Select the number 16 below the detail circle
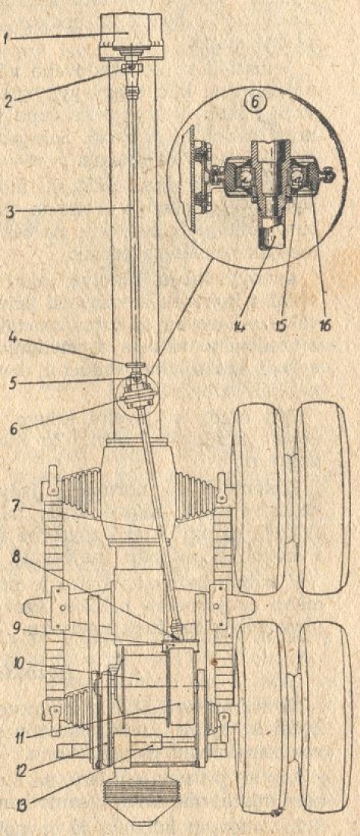pyautogui.click(x=324, y=323)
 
